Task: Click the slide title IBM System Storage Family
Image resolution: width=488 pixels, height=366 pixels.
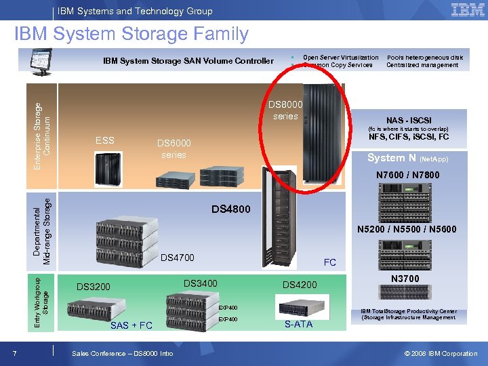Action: coord(131,34)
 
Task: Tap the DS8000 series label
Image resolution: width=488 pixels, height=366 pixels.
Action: coord(285,110)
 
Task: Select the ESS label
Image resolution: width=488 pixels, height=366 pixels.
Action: coord(105,140)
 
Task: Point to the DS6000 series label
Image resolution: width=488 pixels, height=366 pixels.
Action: coord(174,148)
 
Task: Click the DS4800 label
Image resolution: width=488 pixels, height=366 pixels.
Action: coord(230,209)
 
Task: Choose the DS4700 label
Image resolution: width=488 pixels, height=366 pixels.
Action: coord(178,258)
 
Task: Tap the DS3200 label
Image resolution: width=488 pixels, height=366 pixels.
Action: coord(94,286)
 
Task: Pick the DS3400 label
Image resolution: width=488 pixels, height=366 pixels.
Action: coord(201,283)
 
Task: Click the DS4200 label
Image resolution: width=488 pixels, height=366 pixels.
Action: coord(300,285)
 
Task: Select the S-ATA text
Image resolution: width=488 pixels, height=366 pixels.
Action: coord(298,324)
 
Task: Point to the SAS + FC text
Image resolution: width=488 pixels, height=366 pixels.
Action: coord(131,325)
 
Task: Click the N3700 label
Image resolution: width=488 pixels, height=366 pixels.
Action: coord(405,279)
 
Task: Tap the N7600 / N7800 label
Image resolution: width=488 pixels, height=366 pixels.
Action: coord(408,175)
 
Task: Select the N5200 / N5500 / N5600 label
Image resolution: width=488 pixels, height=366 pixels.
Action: coord(407,229)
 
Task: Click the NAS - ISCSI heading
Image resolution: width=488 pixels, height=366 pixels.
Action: coord(409,120)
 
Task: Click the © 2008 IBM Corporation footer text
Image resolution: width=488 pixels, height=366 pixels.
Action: coord(441,353)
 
